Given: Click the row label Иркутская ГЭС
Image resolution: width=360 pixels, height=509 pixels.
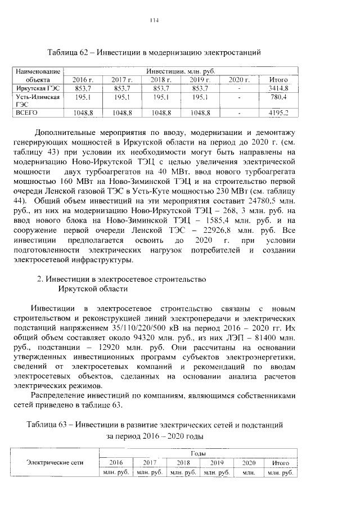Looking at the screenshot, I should (x=37, y=88).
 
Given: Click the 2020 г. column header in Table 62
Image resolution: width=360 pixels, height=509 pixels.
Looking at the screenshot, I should (x=240, y=80).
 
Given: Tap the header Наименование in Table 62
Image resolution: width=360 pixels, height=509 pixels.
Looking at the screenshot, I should (x=38, y=72).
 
